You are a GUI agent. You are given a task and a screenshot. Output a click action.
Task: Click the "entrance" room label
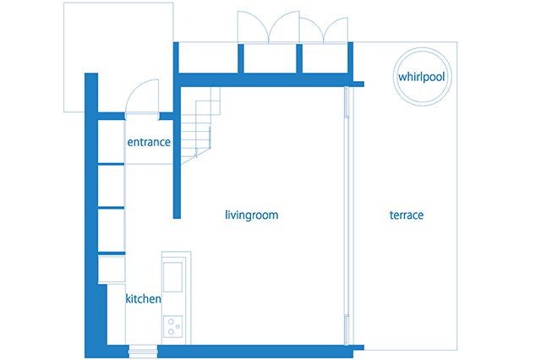click(x=149, y=143)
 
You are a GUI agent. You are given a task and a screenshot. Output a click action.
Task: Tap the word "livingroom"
click(x=252, y=215)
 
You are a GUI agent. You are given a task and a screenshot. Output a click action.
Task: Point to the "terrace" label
click(x=407, y=215)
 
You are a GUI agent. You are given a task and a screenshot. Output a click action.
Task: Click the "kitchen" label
click(x=143, y=299)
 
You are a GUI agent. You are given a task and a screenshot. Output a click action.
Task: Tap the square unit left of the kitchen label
click(x=112, y=270)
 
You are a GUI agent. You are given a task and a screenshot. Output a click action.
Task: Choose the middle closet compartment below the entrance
click(x=112, y=185)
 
